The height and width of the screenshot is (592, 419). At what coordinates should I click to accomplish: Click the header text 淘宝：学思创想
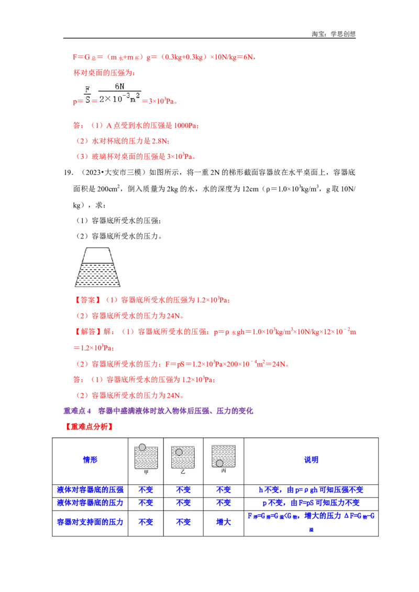click(x=334, y=34)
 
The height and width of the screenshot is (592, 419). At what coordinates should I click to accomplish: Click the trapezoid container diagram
click(x=97, y=267)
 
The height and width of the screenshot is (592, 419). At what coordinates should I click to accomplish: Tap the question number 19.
click(x=68, y=173)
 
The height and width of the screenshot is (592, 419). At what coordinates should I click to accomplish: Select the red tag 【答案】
click(x=87, y=300)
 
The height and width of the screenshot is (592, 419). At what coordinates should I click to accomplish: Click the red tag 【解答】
click(x=87, y=332)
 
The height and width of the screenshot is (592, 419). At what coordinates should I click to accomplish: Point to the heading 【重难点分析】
click(x=89, y=427)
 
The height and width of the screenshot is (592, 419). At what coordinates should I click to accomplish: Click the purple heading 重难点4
click(x=77, y=411)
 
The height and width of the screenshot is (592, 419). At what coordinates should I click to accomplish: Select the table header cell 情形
click(x=90, y=460)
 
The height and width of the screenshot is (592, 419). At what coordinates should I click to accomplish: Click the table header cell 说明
click(x=311, y=460)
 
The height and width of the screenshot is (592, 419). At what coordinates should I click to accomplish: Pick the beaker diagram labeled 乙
click(x=183, y=457)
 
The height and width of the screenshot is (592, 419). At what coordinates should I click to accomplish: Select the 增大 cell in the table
click(x=224, y=522)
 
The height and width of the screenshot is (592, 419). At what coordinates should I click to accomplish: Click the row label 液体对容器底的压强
click(x=90, y=490)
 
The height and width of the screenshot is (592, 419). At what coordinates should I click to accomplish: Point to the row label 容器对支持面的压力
click(x=90, y=522)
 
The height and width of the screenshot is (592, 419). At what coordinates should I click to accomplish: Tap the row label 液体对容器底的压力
click(x=90, y=503)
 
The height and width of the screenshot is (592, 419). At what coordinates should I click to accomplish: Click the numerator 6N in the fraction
click(x=119, y=86)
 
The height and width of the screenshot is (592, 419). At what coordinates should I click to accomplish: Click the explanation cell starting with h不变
click(x=311, y=490)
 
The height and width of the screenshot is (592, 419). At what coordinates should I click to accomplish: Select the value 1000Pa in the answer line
click(x=185, y=126)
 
